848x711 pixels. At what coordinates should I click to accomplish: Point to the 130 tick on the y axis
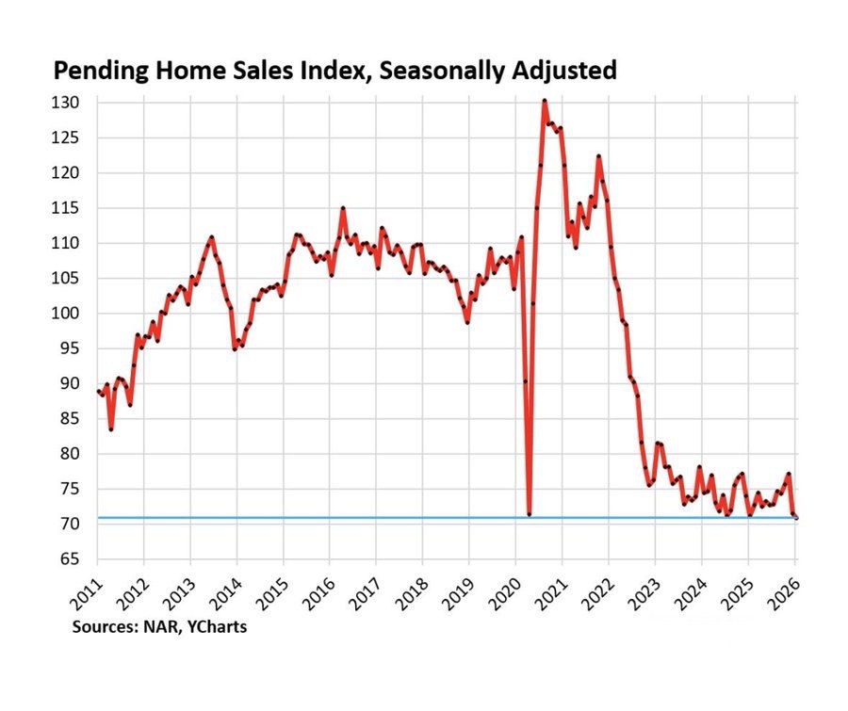click(73, 103)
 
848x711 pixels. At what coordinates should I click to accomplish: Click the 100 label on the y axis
click(73, 314)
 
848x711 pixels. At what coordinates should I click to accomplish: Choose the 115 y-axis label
click(73, 208)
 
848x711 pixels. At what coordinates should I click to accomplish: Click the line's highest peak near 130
click(545, 101)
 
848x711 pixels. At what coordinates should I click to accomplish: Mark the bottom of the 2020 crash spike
click(530, 514)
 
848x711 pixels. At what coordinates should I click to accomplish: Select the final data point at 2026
click(795, 517)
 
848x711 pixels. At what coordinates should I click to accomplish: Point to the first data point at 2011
click(97, 391)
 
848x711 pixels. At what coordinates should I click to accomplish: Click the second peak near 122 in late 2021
click(598, 156)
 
